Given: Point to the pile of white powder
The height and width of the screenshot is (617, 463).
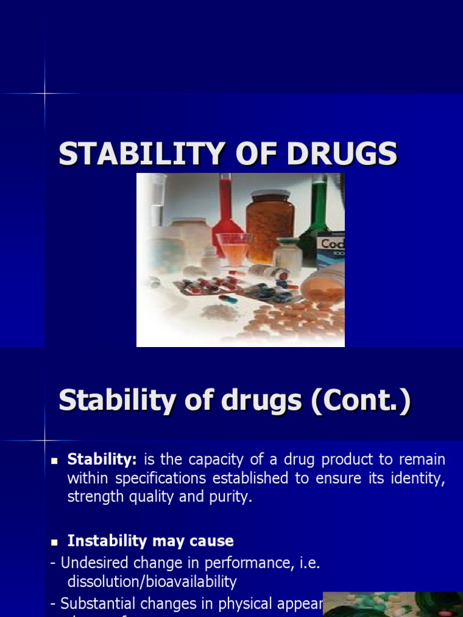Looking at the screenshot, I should [220, 312].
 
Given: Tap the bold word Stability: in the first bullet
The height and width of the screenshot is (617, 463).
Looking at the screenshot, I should [102, 460].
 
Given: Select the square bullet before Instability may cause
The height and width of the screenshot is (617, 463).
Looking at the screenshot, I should [53, 542].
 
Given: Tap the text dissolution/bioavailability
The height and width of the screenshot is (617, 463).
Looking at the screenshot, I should [152, 582].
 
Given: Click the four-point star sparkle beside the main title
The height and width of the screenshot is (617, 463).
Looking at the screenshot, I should [45, 93].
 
